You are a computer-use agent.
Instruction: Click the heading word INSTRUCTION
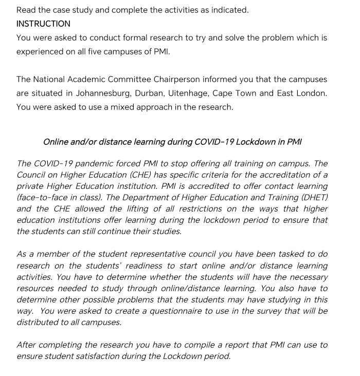43,24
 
